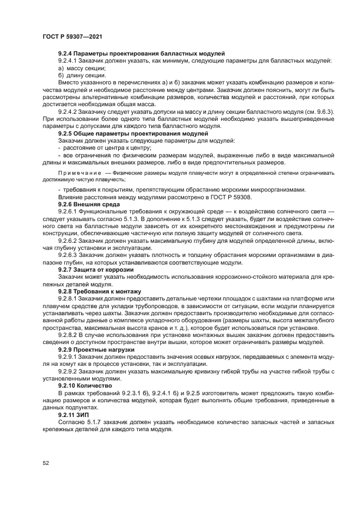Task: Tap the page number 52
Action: coord(46,463)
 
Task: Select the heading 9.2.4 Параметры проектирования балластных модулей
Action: coord(141,53)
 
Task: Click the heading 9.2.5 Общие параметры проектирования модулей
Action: coord(132,133)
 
